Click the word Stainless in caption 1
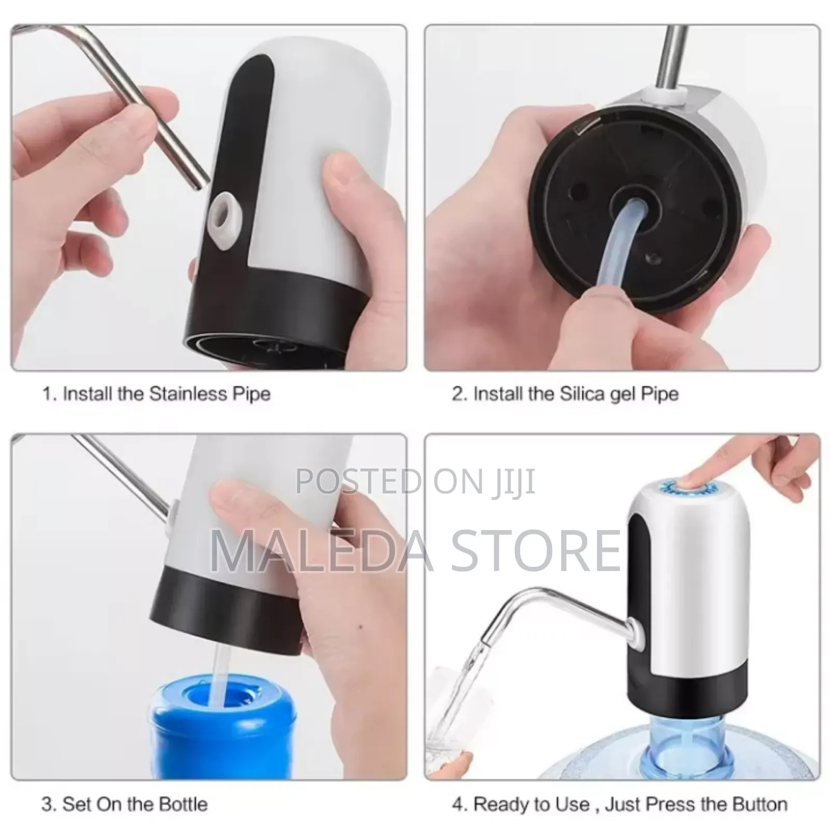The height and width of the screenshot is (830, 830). coord(187,394)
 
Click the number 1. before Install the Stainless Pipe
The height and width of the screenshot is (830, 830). coord(49,394)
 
